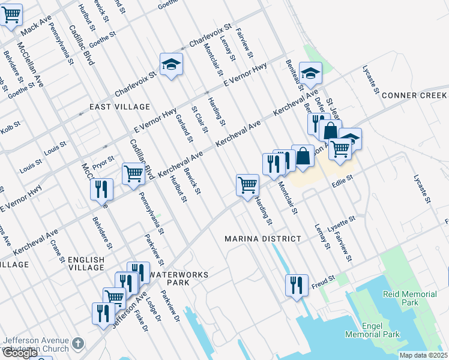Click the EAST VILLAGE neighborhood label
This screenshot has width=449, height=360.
pos(119,107)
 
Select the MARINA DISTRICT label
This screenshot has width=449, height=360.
pos(263,239)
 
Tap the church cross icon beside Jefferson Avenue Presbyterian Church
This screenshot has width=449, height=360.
pos(77,344)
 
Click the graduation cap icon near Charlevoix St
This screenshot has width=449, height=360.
pos(171,64)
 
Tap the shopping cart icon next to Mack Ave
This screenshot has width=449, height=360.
pos(11,14)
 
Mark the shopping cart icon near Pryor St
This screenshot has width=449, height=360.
pos(133,173)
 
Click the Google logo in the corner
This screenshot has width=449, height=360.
pos(20,353)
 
